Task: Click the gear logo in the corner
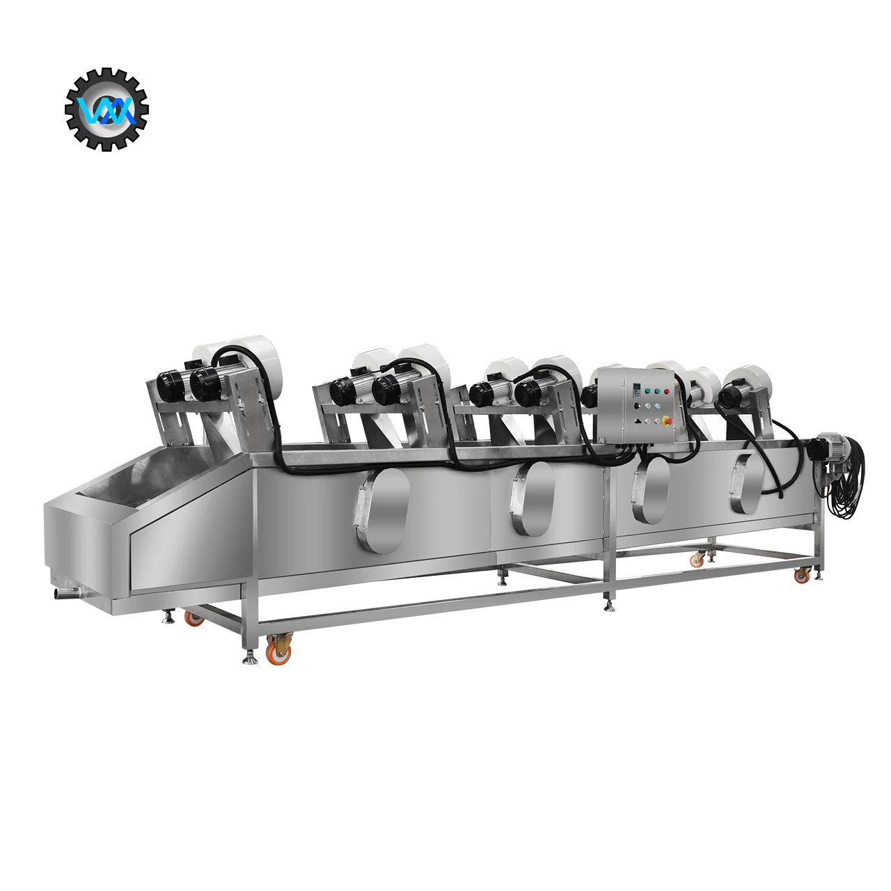point(107,109)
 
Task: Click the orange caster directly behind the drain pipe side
point(194,617)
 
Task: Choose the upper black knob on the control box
point(636,406)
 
